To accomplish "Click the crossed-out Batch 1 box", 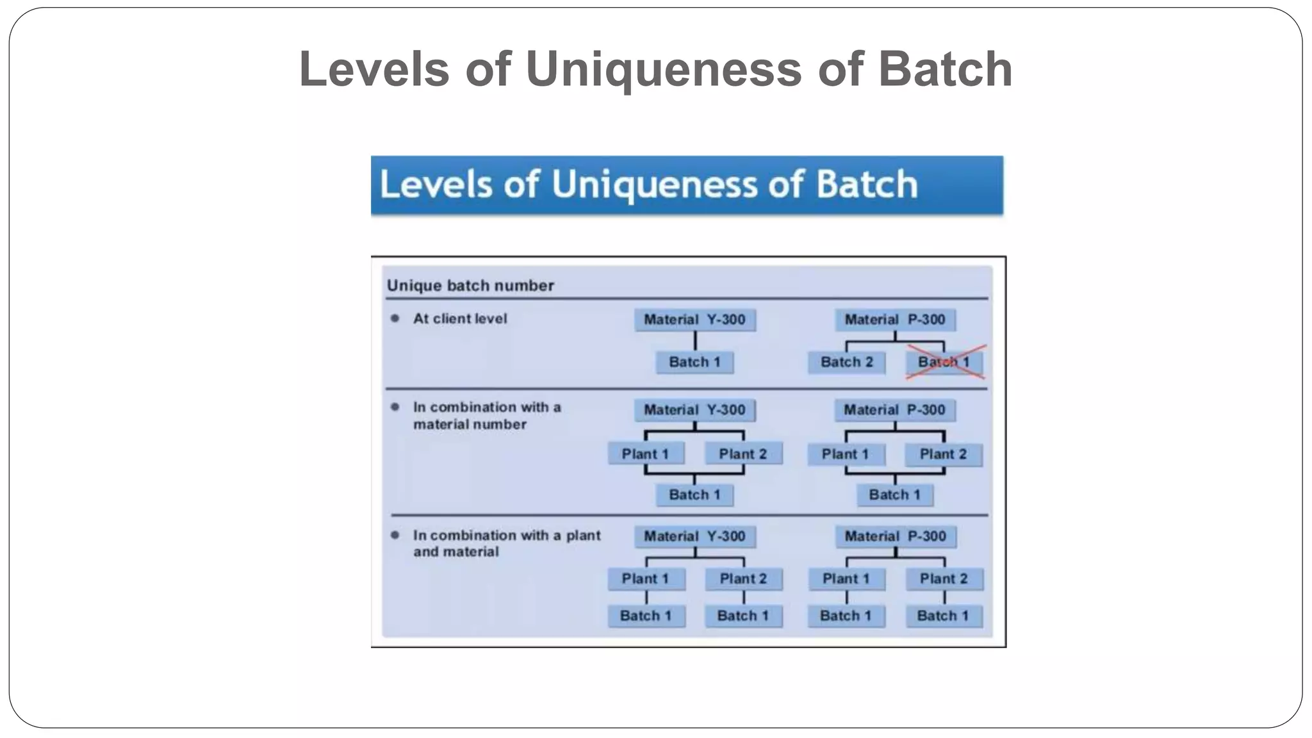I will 944,363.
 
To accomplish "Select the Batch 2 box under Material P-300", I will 846,363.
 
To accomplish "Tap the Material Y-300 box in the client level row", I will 695,320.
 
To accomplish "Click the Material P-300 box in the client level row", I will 895,320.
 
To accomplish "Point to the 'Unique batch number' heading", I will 470,286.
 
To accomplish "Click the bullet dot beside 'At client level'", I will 395,318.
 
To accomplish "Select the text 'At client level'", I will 460,318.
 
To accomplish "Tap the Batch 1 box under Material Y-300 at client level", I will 695,363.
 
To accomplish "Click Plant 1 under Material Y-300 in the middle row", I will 645,454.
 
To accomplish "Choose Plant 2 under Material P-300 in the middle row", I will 943,455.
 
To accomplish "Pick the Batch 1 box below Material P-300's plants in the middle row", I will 895,495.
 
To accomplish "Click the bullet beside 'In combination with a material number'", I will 395,407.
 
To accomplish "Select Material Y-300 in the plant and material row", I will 695,536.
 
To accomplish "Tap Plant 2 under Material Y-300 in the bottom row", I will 743,579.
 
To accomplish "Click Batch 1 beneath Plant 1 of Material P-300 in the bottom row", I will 846,616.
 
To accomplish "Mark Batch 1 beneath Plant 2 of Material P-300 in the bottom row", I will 944,616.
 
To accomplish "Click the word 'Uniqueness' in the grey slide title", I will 664,69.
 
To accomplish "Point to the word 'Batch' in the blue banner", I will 867,184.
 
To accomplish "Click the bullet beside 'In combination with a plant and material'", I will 395,535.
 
